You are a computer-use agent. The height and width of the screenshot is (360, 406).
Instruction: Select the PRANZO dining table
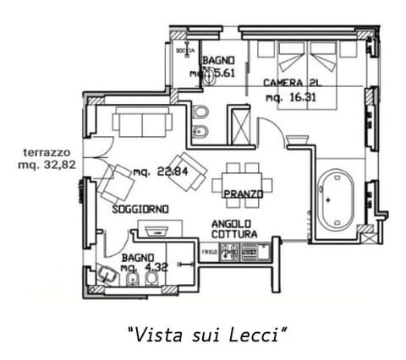(x=243, y=184)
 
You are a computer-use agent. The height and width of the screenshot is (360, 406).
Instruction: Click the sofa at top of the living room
(x=142, y=123)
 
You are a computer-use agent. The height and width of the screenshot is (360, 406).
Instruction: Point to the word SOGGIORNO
(x=140, y=209)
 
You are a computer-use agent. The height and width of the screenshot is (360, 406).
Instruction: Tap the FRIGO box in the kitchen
(x=209, y=252)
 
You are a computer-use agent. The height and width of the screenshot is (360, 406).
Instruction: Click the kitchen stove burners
(x=228, y=252)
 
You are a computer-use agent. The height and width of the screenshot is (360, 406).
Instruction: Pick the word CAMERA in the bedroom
(x=280, y=83)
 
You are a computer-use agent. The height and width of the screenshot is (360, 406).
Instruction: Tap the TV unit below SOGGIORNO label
(x=161, y=229)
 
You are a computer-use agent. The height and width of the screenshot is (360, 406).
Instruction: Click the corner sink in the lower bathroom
(x=107, y=275)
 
